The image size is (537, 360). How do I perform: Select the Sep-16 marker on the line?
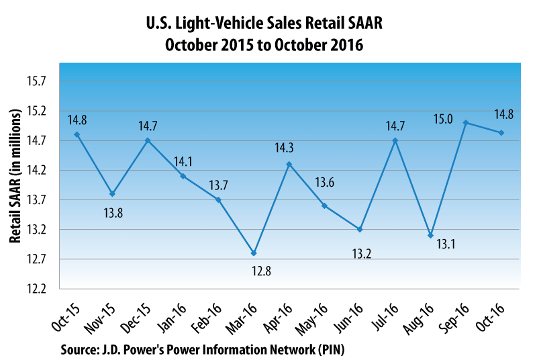click(x=465, y=123)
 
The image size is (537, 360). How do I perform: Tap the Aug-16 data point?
click(x=430, y=235)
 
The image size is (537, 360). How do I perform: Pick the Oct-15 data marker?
click(x=77, y=134)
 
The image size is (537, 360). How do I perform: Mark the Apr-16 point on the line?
click(x=289, y=164)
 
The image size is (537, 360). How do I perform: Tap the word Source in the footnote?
click(x=79, y=349)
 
